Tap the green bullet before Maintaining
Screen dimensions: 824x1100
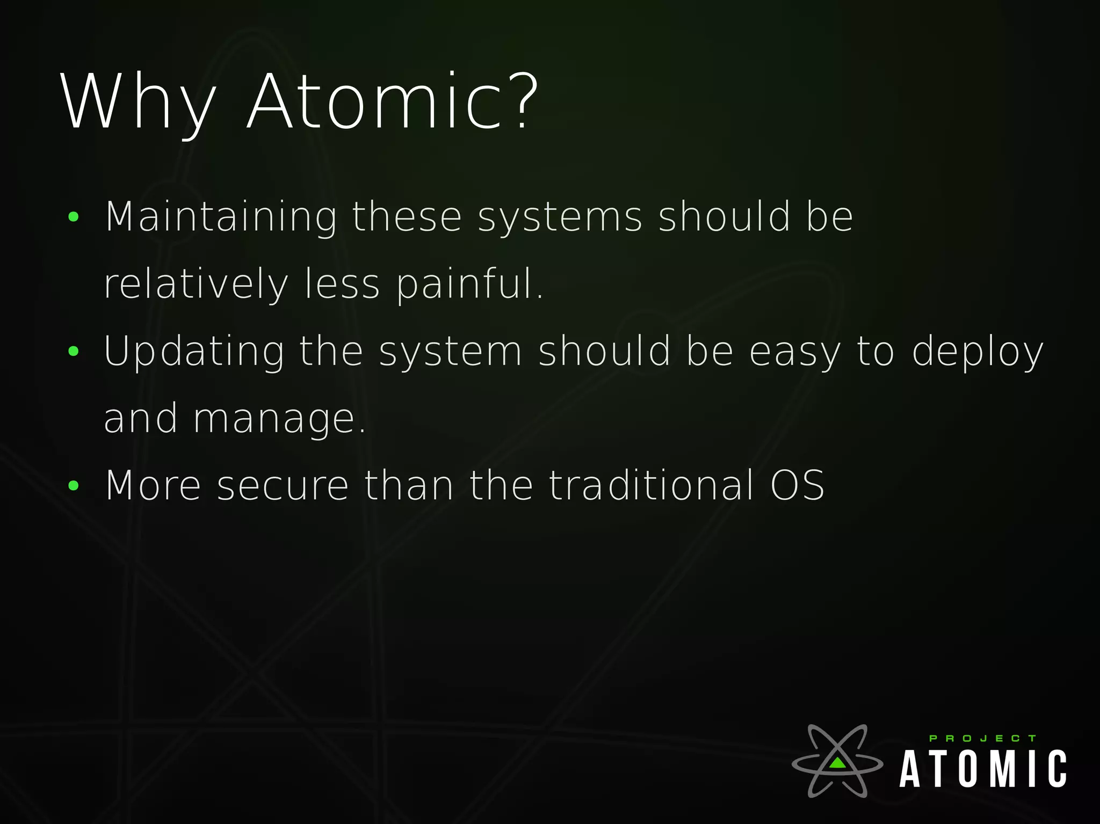pyautogui.click(x=74, y=217)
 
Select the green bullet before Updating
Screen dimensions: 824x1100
pyautogui.click(x=74, y=352)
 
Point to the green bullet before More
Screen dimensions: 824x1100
pyautogui.click(x=74, y=486)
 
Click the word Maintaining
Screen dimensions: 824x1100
pyautogui.click(x=221, y=217)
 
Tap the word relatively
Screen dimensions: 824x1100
pyautogui.click(x=196, y=285)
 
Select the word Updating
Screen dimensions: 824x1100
pyautogui.click(x=194, y=352)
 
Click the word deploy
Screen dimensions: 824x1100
pyautogui.click(x=978, y=352)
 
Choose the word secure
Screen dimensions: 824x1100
pyautogui.click(x=283, y=486)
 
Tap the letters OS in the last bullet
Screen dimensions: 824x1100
pyautogui.click(x=797, y=486)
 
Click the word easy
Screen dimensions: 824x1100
pyautogui.click(x=795, y=352)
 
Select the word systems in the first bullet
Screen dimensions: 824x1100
pyautogui.click(x=560, y=217)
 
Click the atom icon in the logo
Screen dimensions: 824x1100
pyautogui.click(x=837, y=761)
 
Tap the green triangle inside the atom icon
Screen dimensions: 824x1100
pyautogui.click(x=837, y=763)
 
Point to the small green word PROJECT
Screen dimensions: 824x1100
pyautogui.click(x=982, y=739)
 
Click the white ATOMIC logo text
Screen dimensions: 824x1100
pyautogui.click(x=983, y=769)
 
